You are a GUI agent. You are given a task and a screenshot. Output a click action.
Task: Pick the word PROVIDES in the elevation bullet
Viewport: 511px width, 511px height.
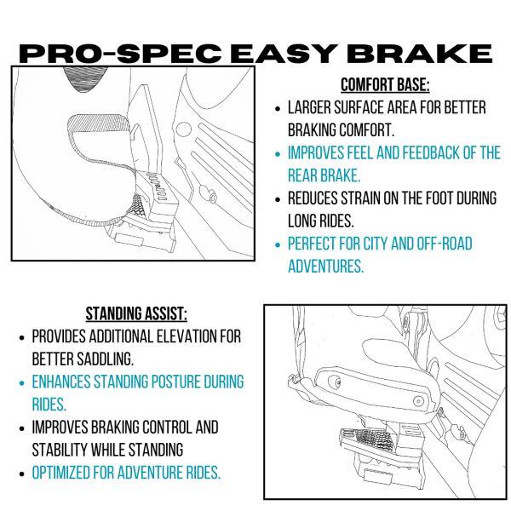click(x=59, y=336)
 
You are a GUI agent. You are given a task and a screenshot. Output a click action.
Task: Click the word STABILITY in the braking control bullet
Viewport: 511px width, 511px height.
click(x=58, y=448)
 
